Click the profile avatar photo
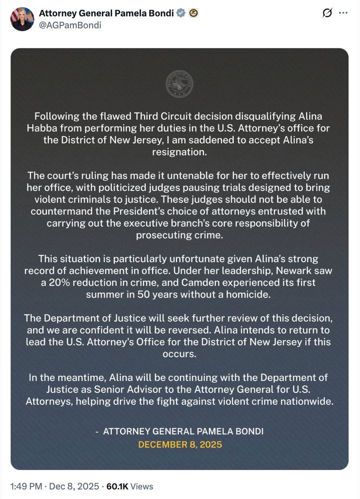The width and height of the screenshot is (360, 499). [22, 19]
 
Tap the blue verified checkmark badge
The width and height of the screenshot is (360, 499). [181, 13]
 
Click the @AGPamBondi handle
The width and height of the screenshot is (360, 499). [70, 25]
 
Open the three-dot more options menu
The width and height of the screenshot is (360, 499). [343, 13]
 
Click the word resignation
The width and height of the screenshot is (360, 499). [180, 151]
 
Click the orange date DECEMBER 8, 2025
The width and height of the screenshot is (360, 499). [180, 444]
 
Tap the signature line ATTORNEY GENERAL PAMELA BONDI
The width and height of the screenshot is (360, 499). [183, 431]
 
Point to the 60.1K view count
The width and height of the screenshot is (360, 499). [117, 486]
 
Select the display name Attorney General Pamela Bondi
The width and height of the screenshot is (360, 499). [106, 13]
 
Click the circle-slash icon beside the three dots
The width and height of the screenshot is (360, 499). [327, 13]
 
